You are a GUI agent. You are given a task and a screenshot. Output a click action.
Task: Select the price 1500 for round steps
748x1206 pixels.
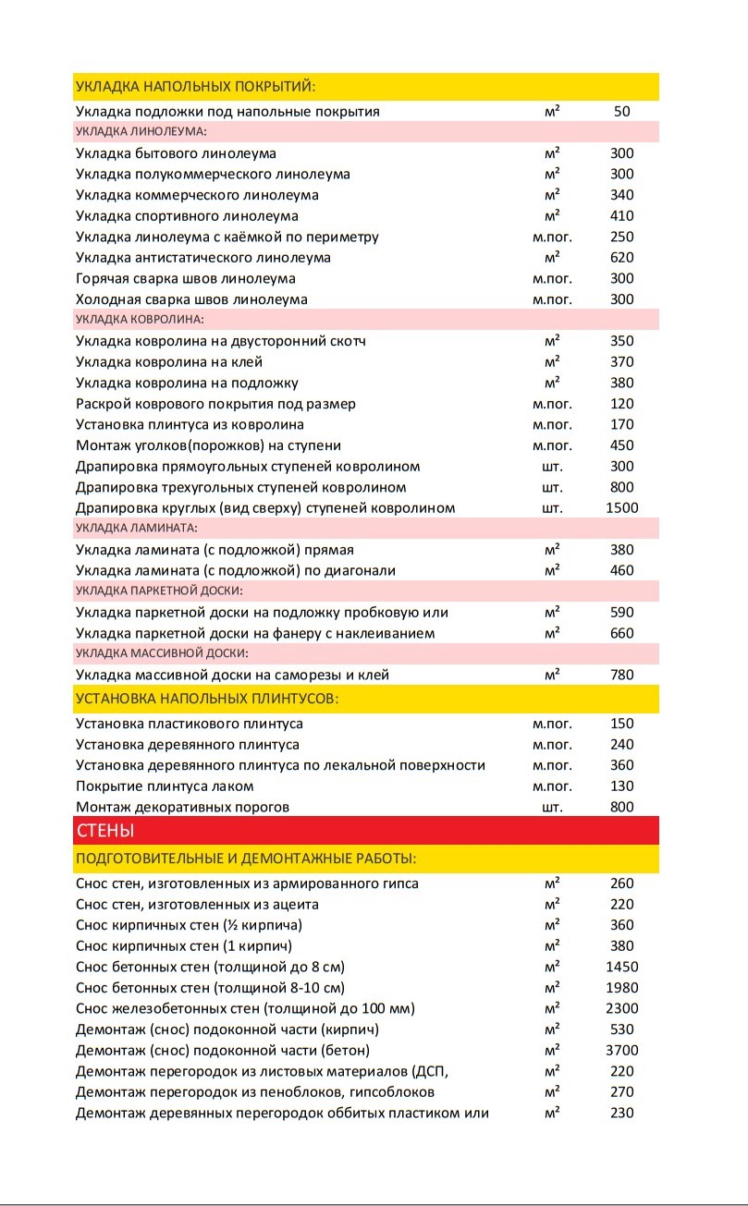[621, 508]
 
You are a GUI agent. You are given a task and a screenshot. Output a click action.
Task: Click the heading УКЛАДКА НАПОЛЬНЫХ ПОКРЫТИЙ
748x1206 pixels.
[195, 87]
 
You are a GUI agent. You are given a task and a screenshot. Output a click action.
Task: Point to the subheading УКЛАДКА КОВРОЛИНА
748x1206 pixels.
[140, 320]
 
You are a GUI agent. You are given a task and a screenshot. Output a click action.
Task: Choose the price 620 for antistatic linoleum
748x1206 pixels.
[621, 258]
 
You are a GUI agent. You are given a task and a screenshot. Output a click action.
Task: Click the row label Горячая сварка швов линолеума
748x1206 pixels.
[186, 278]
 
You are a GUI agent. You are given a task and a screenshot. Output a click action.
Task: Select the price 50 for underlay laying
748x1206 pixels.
[621, 112]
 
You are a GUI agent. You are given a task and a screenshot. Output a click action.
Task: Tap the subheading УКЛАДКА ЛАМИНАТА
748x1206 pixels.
[136, 529]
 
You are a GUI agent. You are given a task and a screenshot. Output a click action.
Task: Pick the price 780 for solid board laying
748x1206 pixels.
[621, 675]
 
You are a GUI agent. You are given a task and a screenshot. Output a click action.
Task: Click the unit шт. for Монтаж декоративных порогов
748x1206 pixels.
[552, 807]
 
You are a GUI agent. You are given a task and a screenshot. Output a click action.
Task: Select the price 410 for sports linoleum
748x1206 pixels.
[621, 216]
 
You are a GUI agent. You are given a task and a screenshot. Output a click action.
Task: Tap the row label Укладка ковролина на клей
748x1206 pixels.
[166, 361]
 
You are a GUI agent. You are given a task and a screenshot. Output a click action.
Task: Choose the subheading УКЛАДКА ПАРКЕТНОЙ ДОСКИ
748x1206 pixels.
[158, 591]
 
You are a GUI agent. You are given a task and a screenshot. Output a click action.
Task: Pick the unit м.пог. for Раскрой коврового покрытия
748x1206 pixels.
[552, 404]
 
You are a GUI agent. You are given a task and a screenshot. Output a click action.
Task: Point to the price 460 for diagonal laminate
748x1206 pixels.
[621, 570]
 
